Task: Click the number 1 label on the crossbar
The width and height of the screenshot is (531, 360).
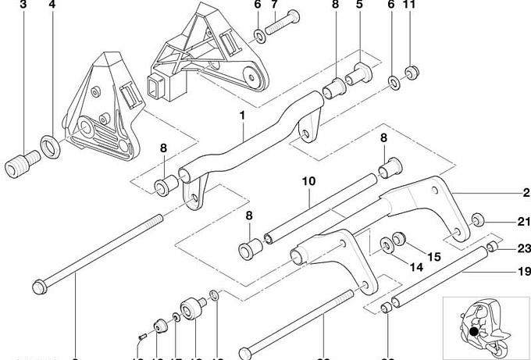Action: pyautogui.click(x=243, y=116)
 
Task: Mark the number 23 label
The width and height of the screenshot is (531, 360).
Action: pyautogui.click(x=524, y=249)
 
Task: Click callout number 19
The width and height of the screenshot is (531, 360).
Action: pyautogui.click(x=524, y=273)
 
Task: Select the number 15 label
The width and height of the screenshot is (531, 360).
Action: pyautogui.click(x=434, y=256)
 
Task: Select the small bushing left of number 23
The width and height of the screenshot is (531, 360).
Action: pyautogui.click(x=492, y=248)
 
